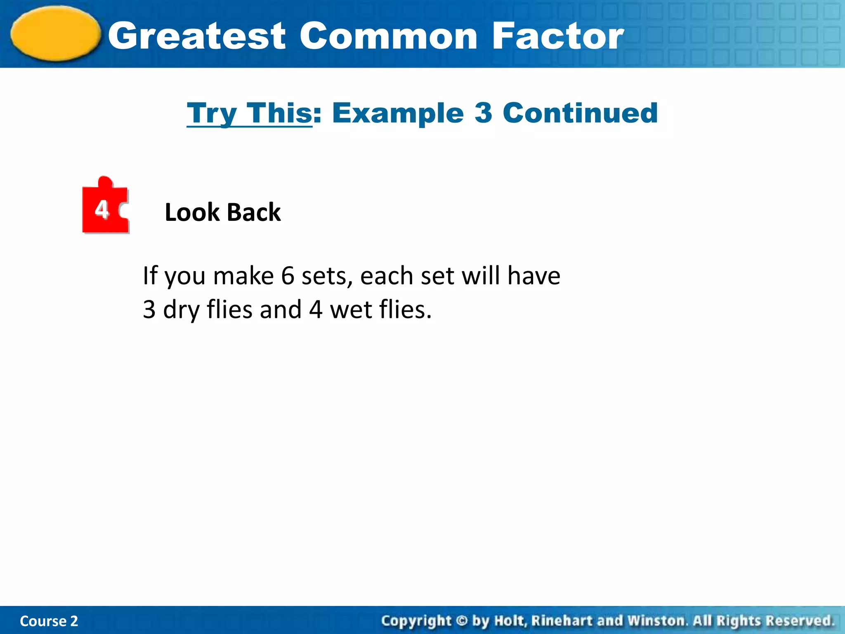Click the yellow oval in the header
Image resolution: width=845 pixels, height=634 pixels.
tap(56, 34)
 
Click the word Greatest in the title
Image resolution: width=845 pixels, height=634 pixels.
tap(197, 36)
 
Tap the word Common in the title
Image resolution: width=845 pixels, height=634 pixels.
tap(388, 36)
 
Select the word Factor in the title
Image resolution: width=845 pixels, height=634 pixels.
tap(558, 36)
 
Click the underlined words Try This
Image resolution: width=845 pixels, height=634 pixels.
tap(249, 113)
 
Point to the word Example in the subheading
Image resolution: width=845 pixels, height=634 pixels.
tap(398, 113)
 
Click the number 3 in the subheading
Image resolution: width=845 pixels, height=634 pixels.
tap(483, 113)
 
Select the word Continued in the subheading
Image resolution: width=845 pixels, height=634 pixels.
tap(580, 113)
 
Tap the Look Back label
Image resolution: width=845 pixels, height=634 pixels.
tap(223, 213)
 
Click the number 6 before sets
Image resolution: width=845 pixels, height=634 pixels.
tap(288, 276)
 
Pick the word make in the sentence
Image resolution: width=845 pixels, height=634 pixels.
tap(243, 276)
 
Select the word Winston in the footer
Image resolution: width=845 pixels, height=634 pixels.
tap(656, 621)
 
